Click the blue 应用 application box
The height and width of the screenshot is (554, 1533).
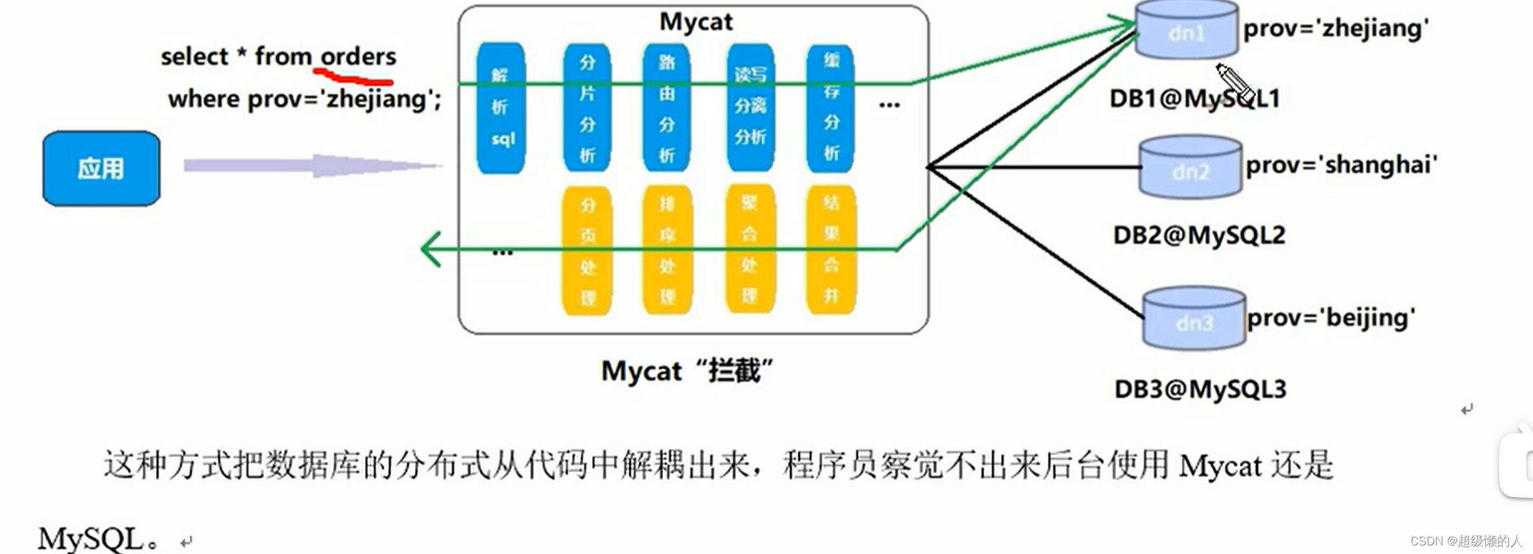(101, 168)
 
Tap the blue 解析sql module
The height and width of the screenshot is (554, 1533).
(501, 108)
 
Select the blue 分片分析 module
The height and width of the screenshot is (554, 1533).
(587, 108)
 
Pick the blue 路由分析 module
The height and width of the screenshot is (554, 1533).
(666, 108)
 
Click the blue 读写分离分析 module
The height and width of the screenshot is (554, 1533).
(750, 108)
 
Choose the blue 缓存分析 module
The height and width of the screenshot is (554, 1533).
(831, 108)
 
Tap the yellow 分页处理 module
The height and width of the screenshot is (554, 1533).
(587, 251)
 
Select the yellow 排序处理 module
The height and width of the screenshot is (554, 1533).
(667, 251)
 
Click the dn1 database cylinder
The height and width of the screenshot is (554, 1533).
(1186, 31)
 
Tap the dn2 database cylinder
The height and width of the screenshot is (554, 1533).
(1190, 168)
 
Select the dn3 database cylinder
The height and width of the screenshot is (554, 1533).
(1194, 320)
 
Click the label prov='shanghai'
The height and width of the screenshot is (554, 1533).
(1341, 165)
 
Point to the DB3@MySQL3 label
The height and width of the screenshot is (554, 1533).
(1200, 389)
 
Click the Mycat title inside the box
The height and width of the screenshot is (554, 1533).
(696, 22)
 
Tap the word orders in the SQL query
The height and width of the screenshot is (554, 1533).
(358, 56)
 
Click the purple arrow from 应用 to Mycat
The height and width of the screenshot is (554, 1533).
(311, 166)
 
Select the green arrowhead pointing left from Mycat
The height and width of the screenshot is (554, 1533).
(431, 249)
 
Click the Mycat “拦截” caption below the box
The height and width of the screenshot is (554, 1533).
(687, 371)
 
